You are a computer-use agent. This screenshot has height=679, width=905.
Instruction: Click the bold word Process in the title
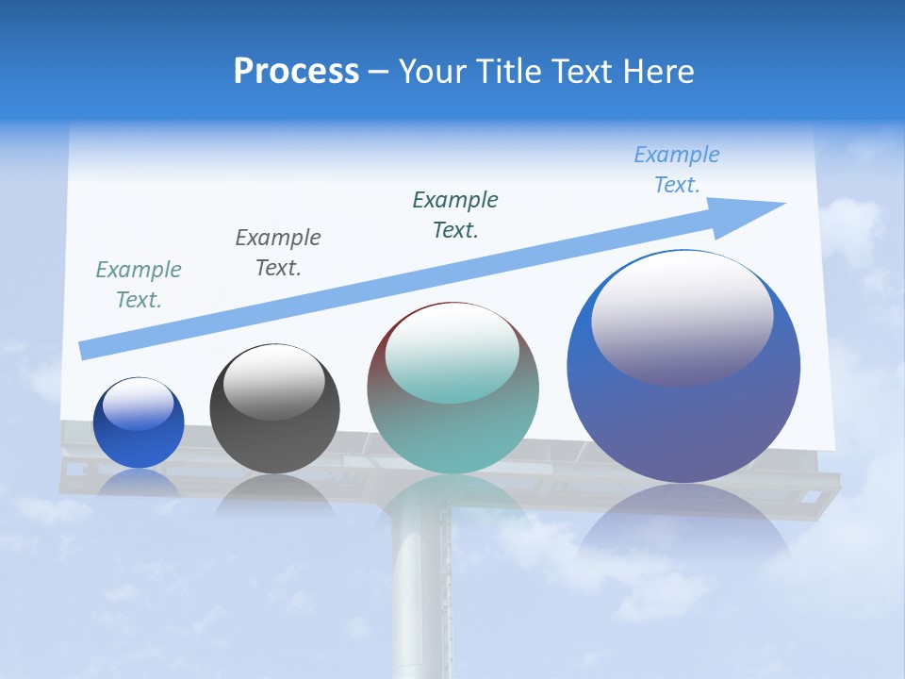(296, 72)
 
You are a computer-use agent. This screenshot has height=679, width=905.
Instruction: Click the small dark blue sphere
(139, 443)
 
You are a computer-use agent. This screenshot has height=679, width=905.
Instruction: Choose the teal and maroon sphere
(453, 434)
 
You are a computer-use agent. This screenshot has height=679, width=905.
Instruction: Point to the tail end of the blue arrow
(87, 350)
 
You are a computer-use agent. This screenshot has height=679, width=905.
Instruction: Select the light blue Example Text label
(677, 170)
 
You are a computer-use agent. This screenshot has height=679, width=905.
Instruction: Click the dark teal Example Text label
(455, 214)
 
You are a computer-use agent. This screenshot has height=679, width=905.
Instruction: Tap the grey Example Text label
(278, 252)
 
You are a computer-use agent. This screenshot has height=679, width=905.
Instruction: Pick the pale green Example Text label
(139, 284)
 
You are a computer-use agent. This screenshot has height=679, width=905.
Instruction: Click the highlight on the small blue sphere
(139, 404)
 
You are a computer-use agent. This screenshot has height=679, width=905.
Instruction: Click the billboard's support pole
(420, 585)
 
